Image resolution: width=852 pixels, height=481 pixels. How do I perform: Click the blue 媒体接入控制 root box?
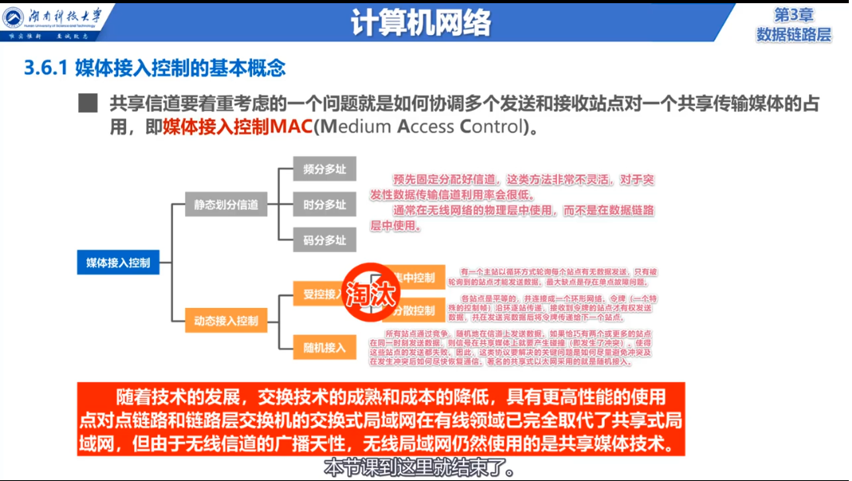pos(118,262)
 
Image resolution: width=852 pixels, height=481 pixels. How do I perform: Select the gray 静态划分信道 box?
pos(226,204)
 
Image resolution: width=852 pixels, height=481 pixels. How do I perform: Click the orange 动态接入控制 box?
pos(226,321)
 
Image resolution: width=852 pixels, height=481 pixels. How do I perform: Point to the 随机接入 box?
pos(324,347)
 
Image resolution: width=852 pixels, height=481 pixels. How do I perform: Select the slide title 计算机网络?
pos(420,23)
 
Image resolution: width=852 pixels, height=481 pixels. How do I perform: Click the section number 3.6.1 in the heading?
pos(47,69)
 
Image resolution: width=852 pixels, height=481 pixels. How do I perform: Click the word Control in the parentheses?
pos(489,127)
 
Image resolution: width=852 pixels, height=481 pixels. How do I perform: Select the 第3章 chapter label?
pos(793,15)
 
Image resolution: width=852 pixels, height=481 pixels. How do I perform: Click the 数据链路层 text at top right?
pos(793,34)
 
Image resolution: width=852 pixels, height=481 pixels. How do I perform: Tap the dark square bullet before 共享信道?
pos(86,104)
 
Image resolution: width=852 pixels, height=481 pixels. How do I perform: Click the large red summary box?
pos(381,419)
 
